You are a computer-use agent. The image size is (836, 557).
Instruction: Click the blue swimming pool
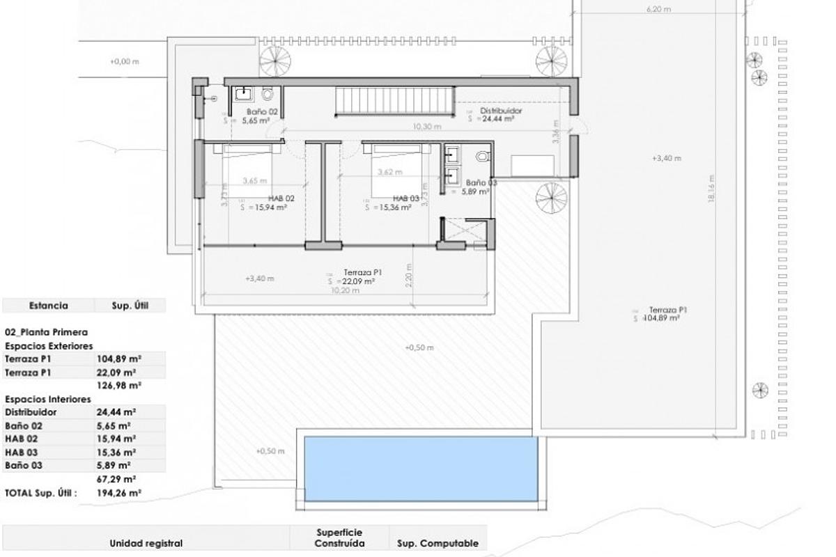click(421, 467)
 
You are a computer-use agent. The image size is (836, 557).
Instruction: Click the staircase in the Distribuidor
click(395, 102)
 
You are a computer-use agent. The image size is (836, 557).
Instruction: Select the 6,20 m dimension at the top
click(658, 10)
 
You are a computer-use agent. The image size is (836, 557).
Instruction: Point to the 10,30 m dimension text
click(427, 127)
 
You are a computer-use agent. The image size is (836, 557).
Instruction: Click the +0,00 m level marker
click(125, 61)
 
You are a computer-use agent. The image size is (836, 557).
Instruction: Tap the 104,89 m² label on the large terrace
click(662, 318)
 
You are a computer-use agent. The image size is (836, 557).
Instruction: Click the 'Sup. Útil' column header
click(130, 305)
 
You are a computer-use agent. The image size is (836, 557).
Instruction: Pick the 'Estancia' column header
click(48, 305)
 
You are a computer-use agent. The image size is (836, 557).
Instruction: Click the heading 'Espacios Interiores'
click(48, 400)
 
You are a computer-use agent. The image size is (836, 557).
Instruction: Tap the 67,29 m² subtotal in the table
click(116, 479)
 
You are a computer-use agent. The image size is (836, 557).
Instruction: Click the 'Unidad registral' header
click(146, 543)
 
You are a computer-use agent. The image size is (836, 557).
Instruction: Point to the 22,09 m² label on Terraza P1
click(357, 281)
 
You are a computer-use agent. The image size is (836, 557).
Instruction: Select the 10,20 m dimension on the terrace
click(346, 291)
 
